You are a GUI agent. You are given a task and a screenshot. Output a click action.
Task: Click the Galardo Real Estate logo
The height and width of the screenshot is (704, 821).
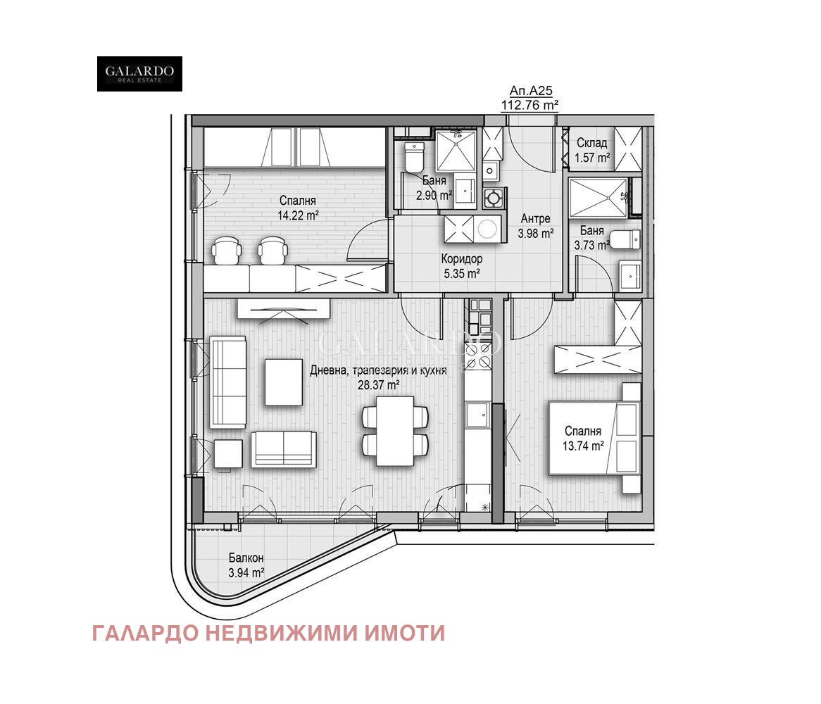(139, 74)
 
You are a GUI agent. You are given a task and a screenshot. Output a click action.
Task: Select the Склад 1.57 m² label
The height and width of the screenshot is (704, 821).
(592, 151)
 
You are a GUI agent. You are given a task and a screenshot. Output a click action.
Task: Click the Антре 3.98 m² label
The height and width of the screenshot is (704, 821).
(535, 226)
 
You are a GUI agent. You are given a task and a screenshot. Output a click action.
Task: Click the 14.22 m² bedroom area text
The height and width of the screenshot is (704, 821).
(296, 215)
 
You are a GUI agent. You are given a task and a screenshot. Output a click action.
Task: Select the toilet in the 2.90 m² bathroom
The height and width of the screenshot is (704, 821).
(414, 158)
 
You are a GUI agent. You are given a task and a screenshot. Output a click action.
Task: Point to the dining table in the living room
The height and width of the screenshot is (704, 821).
(394, 430)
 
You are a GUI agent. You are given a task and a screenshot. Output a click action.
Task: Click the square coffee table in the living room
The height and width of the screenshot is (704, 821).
(283, 382)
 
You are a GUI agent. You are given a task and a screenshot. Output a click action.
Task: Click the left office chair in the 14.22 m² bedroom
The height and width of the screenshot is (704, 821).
(227, 250)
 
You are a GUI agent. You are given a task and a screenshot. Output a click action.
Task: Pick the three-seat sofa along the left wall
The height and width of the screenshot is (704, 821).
(228, 382)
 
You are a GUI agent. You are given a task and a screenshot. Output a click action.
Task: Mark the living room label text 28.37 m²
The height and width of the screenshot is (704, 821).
(378, 384)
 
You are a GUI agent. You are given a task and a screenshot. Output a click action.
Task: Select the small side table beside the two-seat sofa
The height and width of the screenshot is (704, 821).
(228, 453)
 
